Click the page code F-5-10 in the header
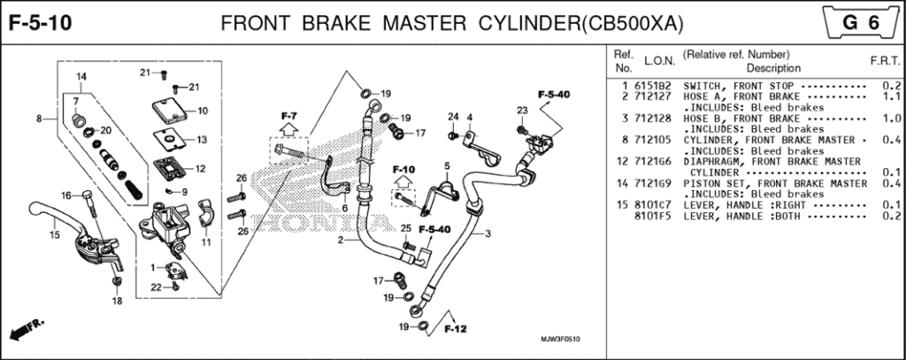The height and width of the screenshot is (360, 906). pyautogui.click(x=41, y=22)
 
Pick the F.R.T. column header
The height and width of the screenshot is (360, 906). pyautogui.click(x=885, y=61)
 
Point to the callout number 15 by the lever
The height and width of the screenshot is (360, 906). pyautogui.click(x=53, y=235)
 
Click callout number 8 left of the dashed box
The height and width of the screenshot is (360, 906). pyautogui.click(x=39, y=118)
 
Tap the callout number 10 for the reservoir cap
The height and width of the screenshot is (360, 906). pyautogui.click(x=202, y=111)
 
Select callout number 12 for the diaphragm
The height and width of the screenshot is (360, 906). pyautogui.click(x=201, y=169)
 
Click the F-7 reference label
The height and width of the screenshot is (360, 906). pyautogui.click(x=289, y=116)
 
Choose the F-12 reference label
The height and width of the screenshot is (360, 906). pyautogui.click(x=455, y=329)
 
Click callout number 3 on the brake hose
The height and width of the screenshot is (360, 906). pyautogui.click(x=487, y=234)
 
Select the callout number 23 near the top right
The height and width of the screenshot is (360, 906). pyautogui.click(x=522, y=111)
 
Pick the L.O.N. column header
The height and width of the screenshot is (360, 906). pyautogui.click(x=659, y=61)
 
